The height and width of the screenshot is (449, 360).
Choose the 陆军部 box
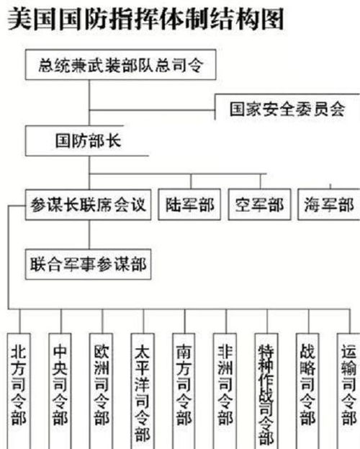coord(189,205)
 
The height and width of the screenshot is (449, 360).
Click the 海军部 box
coord(328,205)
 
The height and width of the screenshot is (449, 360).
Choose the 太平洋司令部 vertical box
coord(143,389)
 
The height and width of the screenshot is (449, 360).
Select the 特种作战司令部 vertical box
coord(266,389)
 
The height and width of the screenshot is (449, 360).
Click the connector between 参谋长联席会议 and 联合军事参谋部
coord(89,234)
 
